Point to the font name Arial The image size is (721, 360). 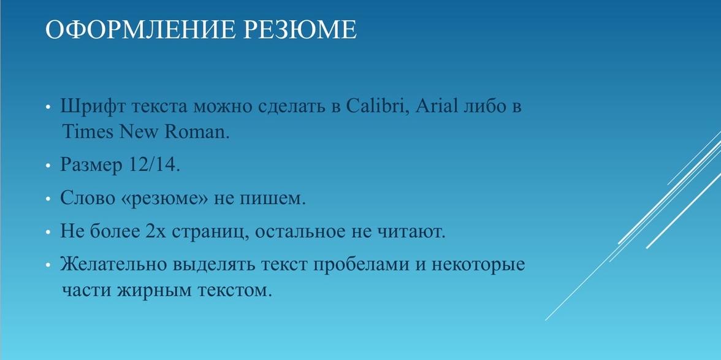[437, 107]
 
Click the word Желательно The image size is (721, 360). [113, 265]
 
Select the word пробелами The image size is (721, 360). [362, 266]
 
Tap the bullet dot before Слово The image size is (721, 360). [48, 199]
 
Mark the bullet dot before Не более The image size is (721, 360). [48, 232]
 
